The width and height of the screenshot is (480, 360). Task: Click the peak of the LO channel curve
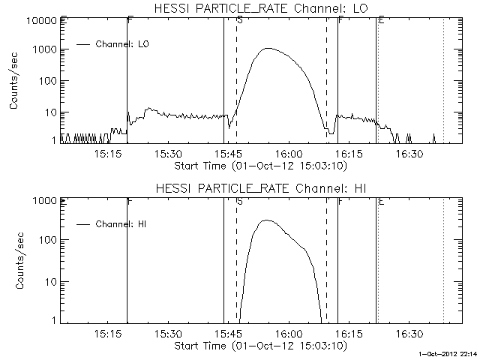click(x=268, y=48)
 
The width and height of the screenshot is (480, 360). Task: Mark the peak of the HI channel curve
click(x=266, y=220)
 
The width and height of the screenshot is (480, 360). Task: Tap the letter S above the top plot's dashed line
click(x=238, y=21)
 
